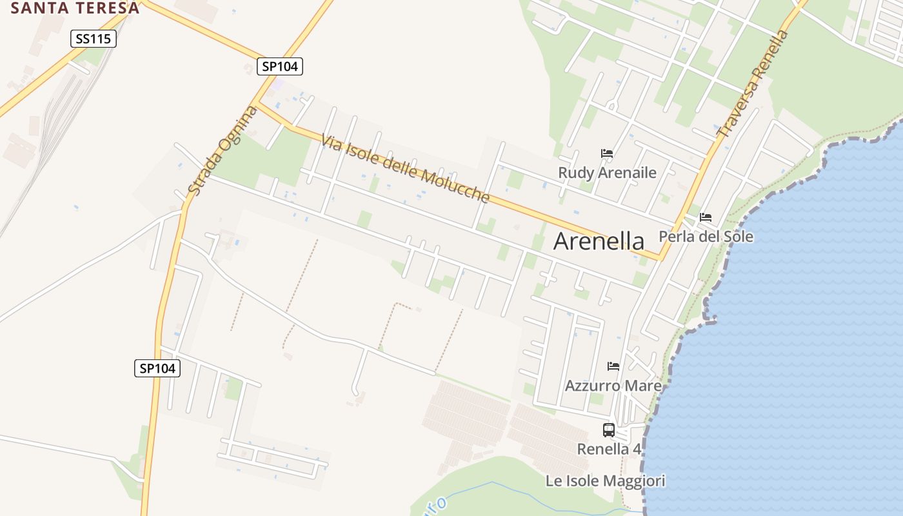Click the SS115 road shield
(93, 39)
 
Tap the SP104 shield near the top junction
(279, 66)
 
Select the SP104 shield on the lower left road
(157, 368)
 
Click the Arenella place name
(599, 241)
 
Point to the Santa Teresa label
(75, 8)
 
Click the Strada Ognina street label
(223, 151)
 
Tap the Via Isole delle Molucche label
(406, 168)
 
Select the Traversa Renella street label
(753, 83)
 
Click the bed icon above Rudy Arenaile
(606, 154)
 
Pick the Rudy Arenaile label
(607, 173)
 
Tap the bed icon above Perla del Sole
(706, 217)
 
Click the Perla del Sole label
(706, 237)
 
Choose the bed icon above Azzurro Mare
(613, 366)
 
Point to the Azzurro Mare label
(613, 386)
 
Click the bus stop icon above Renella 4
(608, 430)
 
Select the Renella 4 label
(609, 449)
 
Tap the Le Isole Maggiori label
(605, 481)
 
